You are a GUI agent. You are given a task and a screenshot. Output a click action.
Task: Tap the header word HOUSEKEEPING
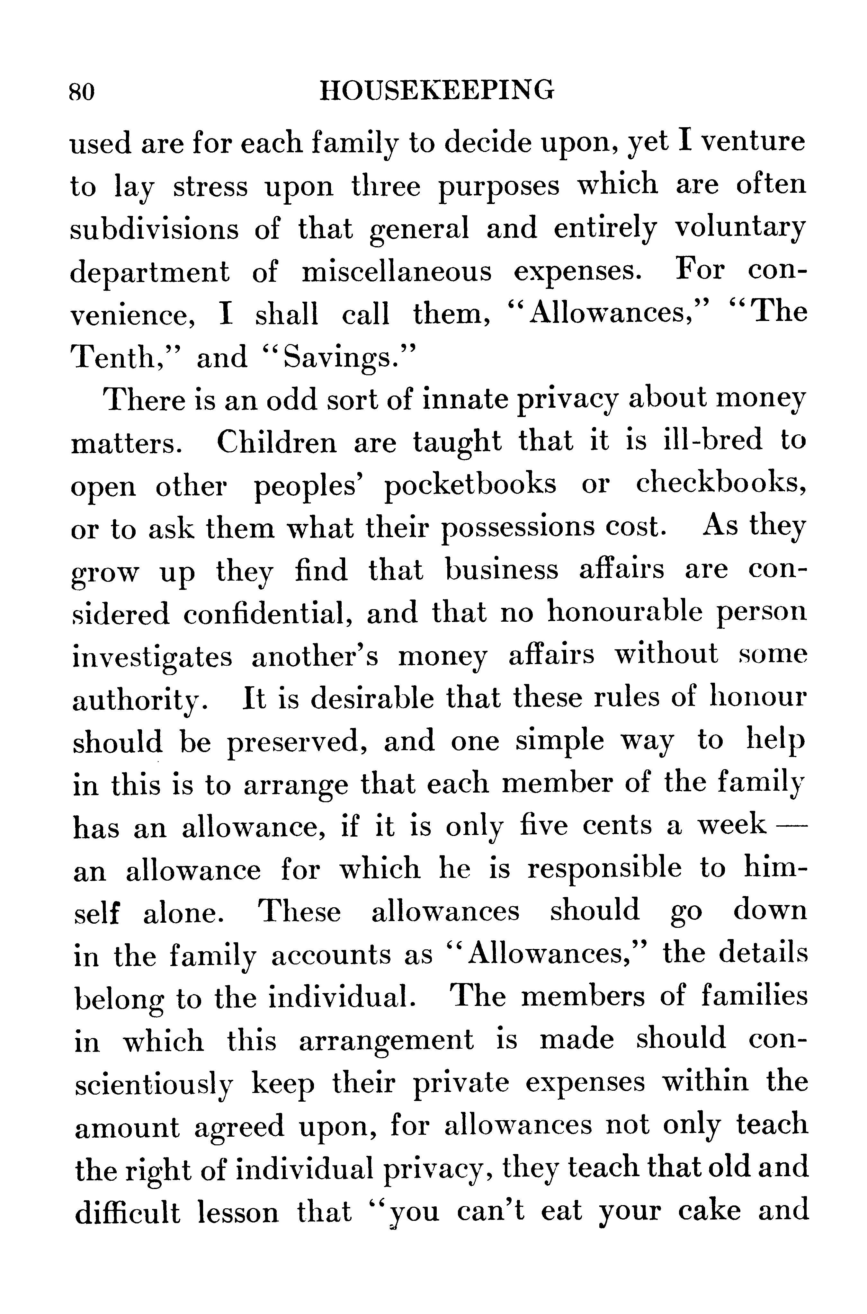click(437, 90)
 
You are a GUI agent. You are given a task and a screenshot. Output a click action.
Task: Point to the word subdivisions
click(154, 229)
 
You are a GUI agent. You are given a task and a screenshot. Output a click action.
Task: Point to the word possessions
click(518, 529)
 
